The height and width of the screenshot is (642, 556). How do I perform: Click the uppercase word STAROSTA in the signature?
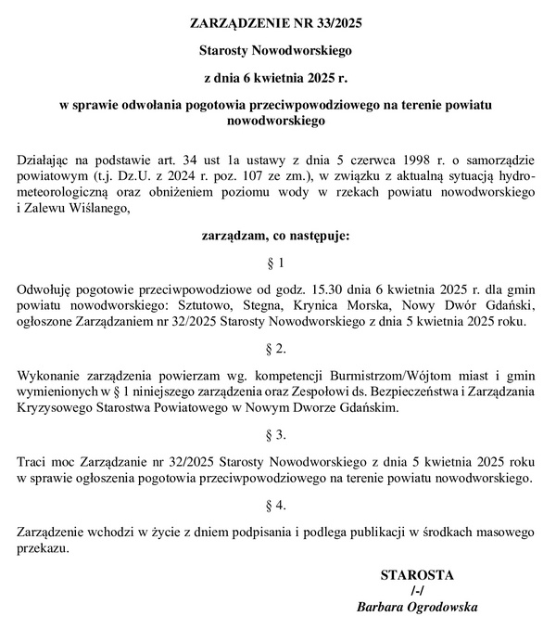pyautogui.click(x=417, y=575)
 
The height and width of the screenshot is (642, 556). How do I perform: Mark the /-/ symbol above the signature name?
pyautogui.click(x=417, y=591)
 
